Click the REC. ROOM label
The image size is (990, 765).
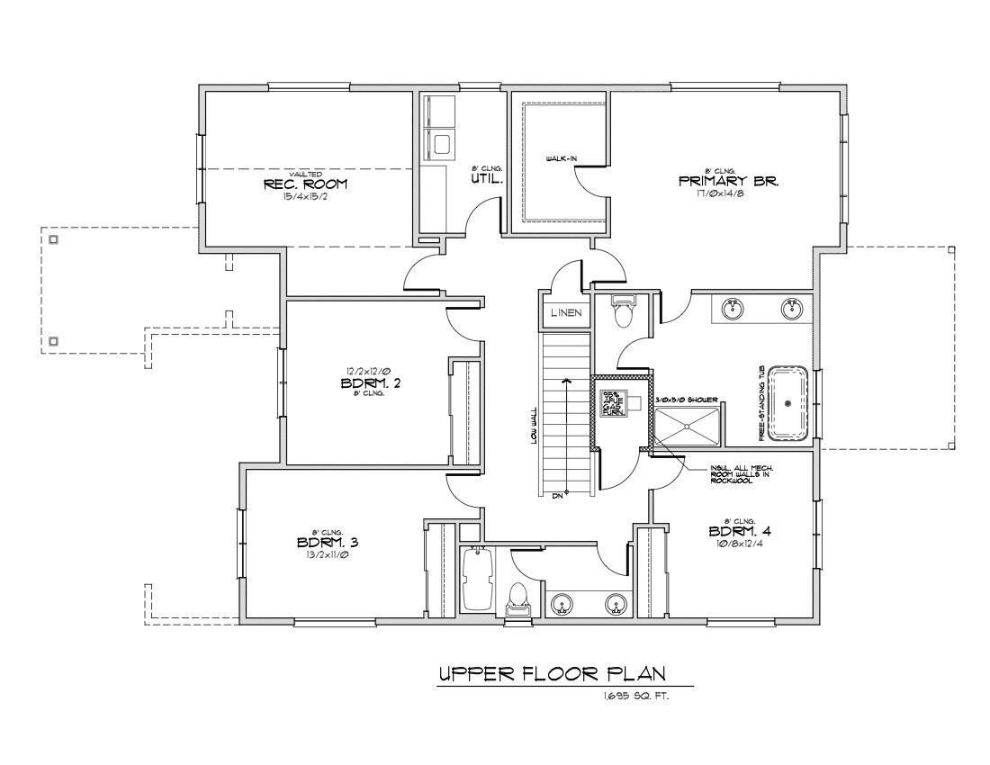tap(305, 184)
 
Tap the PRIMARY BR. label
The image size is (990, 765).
tap(729, 181)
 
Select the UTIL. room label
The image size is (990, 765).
tap(486, 180)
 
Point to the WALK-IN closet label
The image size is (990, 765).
tap(562, 159)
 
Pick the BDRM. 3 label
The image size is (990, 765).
tap(328, 543)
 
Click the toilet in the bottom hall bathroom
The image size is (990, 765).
tap(517, 598)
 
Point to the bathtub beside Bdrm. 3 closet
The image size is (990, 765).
tap(477, 580)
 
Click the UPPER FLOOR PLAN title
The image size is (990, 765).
tap(553, 674)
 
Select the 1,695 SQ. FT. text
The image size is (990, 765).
tap(636, 697)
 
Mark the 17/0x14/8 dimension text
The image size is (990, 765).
tap(729, 193)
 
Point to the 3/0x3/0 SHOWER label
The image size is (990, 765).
tap(687, 400)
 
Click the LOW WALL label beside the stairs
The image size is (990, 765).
tap(534, 423)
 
